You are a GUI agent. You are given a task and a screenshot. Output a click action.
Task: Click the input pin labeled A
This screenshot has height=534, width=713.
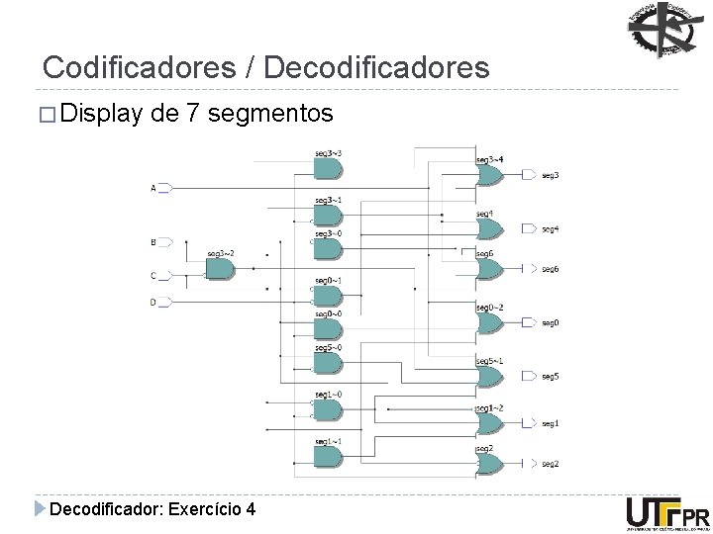[165, 188]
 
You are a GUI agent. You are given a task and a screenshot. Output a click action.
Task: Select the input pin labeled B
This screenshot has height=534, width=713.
[165, 241]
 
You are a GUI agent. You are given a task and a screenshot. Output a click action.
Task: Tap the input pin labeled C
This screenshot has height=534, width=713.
[165, 275]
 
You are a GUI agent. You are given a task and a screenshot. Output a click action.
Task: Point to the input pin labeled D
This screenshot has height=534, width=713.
[165, 302]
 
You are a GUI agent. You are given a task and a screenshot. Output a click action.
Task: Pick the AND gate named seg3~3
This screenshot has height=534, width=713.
[327, 169]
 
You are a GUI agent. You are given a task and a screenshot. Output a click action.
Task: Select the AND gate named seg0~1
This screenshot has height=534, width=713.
[327, 295]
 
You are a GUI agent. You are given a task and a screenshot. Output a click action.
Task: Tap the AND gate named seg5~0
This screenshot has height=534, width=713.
[327, 363]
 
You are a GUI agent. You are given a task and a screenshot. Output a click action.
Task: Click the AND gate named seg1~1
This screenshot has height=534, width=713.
[327, 456]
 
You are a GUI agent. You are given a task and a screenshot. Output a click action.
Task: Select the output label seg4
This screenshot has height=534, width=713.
[550, 229]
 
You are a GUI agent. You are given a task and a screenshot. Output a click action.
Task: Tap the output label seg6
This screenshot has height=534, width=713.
[550, 269]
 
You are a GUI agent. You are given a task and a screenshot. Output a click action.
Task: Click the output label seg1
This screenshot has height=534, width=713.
[550, 424]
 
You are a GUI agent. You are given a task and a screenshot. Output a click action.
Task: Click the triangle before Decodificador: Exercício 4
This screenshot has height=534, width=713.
[39, 509]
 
